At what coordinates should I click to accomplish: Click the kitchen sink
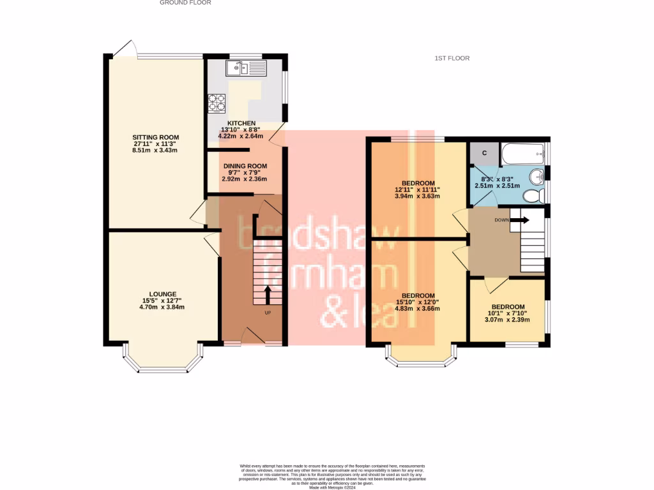(x=245, y=67)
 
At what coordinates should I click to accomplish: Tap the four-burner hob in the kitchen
(x=216, y=103)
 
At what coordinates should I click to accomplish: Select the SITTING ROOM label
(x=155, y=137)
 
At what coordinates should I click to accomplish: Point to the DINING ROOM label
(x=245, y=166)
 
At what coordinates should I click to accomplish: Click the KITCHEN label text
(x=241, y=123)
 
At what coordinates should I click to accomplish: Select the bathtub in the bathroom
(x=522, y=154)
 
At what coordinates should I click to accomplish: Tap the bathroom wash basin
(x=536, y=175)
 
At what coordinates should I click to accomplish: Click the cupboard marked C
(x=484, y=153)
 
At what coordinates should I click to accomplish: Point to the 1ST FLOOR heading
(x=452, y=59)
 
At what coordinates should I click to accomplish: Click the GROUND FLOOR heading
(x=185, y=3)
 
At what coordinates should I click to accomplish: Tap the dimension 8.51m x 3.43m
(x=155, y=151)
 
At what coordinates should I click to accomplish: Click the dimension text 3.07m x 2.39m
(x=508, y=320)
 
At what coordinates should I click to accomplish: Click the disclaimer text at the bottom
(x=331, y=476)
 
